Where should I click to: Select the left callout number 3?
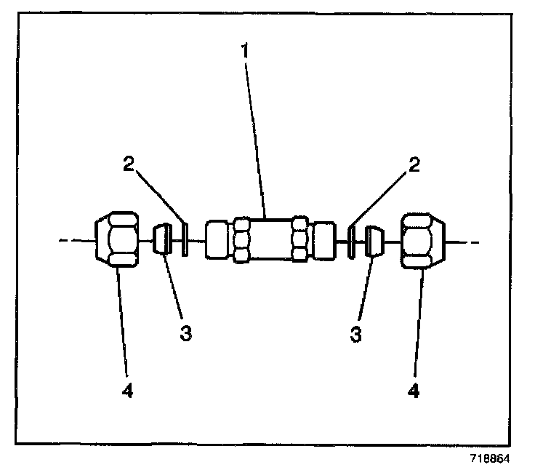(186, 333)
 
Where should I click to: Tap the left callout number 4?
(128, 391)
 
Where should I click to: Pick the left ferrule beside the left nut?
(162, 240)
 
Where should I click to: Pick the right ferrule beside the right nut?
(374, 241)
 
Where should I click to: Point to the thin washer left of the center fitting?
(184, 240)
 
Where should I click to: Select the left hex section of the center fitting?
(243, 240)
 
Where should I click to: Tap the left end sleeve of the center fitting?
(217, 240)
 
